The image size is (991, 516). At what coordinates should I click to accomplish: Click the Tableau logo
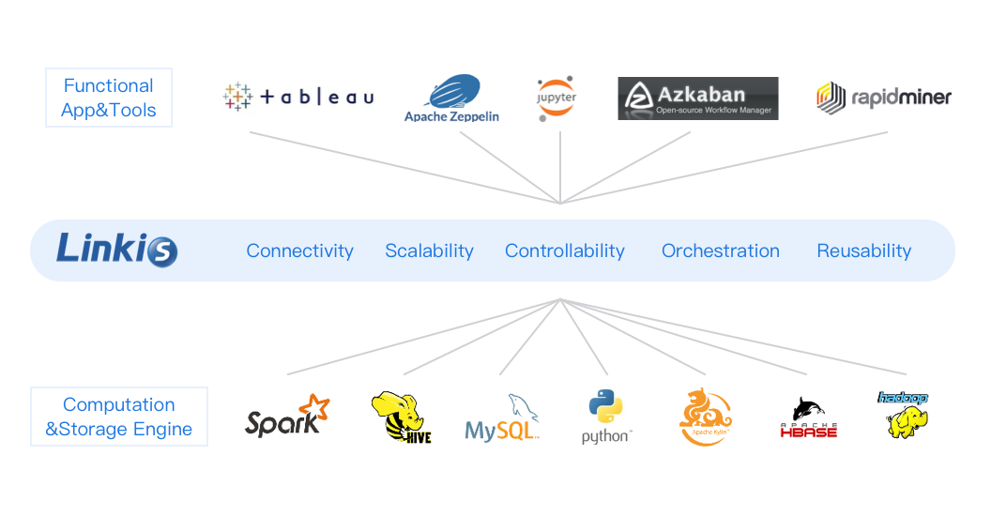tap(297, 97)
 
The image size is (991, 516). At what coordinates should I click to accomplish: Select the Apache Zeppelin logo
tap(451, 99)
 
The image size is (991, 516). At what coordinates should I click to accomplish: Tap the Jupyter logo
tap(557, 98)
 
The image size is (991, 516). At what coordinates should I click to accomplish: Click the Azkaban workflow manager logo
tap(697, 99)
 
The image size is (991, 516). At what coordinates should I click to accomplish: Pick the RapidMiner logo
tap(883, 97)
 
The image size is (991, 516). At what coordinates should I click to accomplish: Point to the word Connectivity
tap(299, 250)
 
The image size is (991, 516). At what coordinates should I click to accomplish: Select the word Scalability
tap(429, 250)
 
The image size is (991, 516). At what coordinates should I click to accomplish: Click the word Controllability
tap(564, 250)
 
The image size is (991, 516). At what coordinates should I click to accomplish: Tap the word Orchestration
tap(720, 250)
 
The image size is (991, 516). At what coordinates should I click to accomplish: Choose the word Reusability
tap(863, 250)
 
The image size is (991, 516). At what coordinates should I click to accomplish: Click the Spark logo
tap(287, 417)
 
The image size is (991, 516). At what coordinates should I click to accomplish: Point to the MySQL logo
tap(503, 418)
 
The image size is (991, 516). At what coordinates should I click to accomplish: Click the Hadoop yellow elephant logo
tap(903, 415)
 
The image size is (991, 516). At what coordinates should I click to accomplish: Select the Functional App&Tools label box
tap(109, 98)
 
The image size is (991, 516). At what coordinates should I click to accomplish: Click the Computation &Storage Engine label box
tap(119, 417)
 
